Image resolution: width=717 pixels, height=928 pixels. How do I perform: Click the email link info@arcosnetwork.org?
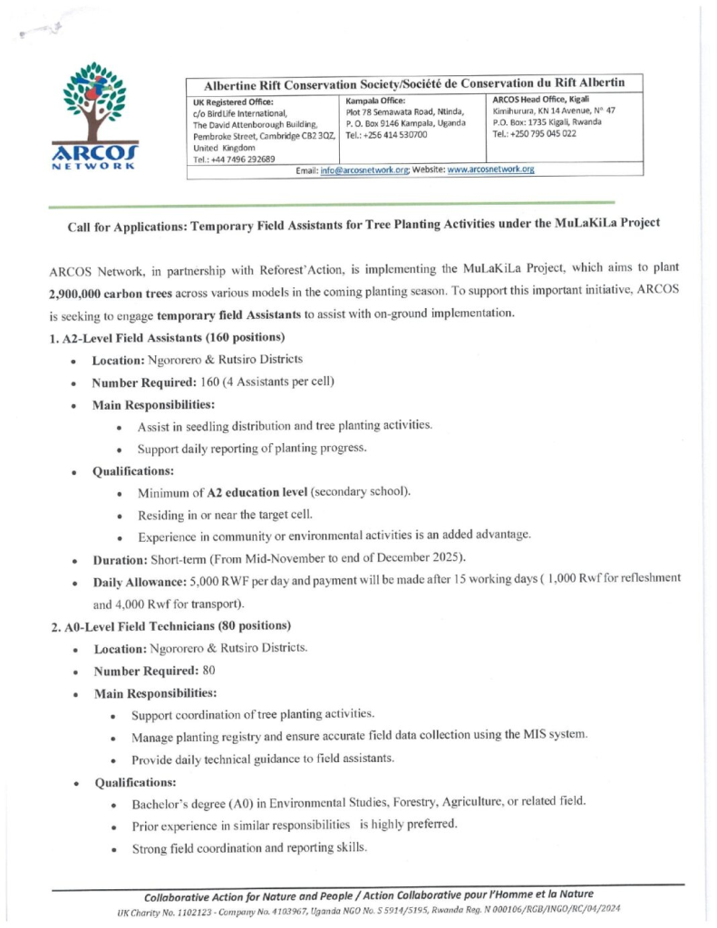[364, 169]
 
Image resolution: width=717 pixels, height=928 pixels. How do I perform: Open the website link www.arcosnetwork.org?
[490, 169]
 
